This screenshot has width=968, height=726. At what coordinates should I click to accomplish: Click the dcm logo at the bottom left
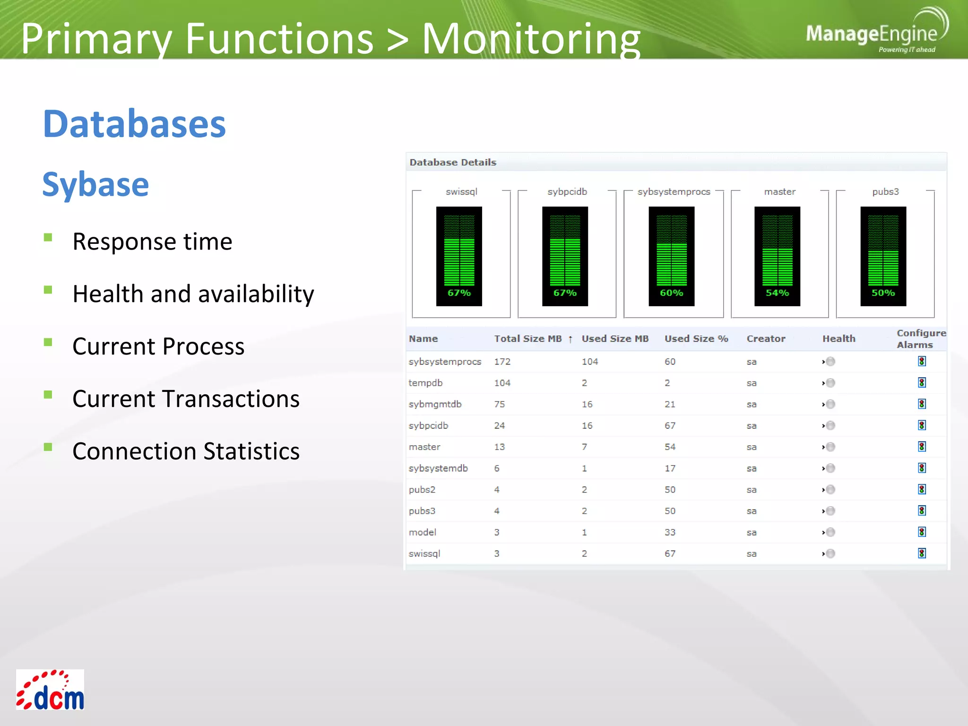tap(50, 690)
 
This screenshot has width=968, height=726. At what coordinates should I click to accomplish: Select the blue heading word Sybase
tap(95, 184)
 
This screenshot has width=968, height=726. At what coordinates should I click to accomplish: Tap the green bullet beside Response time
tap(48, 237)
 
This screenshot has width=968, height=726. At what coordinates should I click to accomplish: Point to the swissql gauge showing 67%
tap(459, 256)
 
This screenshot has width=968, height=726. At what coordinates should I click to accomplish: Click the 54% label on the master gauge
tap(777, 293)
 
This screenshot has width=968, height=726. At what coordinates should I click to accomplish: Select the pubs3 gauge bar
tap(883, 256)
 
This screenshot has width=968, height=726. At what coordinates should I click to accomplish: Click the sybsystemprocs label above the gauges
tap(674, 192)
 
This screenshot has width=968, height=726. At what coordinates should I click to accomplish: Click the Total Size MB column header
tap(527, 339)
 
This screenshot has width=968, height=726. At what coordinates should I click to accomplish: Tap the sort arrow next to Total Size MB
tap(570, 339)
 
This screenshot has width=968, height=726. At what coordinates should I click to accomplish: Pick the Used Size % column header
tap(696, 339)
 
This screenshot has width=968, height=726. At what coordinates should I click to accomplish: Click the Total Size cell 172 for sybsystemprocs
tap(502, 362)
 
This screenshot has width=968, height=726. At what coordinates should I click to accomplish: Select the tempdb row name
tap(425, 383)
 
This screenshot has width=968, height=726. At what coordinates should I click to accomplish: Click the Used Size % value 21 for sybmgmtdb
tap(669, 404)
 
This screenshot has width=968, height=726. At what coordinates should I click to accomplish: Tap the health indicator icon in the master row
tap(830, 447)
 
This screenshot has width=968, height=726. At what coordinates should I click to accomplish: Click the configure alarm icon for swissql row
tap(922, 553)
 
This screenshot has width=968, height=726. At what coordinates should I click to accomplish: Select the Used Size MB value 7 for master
tap(584, 447)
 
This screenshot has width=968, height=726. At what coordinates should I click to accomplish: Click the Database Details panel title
tap(452, 163)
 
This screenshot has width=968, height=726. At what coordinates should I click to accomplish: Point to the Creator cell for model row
tap(752, 532)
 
